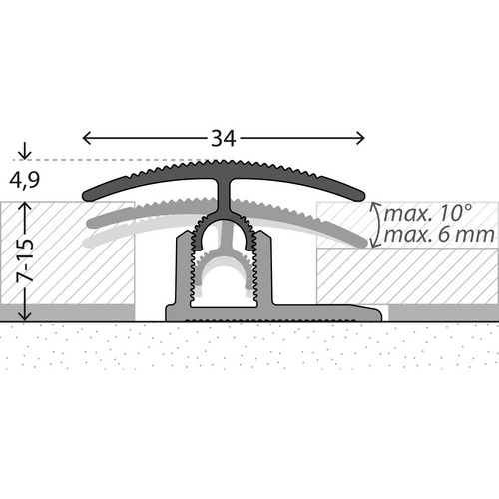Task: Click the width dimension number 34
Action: pos(223,139)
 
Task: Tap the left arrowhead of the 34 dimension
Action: pos(85,139)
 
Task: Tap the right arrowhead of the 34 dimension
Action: pos(362,139)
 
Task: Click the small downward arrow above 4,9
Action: pos(24,155)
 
